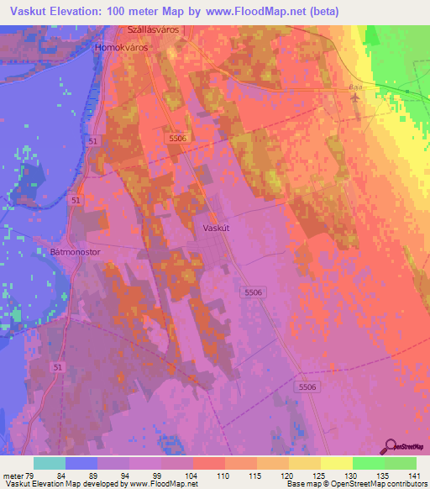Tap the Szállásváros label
coord(154,30)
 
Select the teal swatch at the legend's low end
coord(50,463)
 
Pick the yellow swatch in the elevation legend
coord(337,463)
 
